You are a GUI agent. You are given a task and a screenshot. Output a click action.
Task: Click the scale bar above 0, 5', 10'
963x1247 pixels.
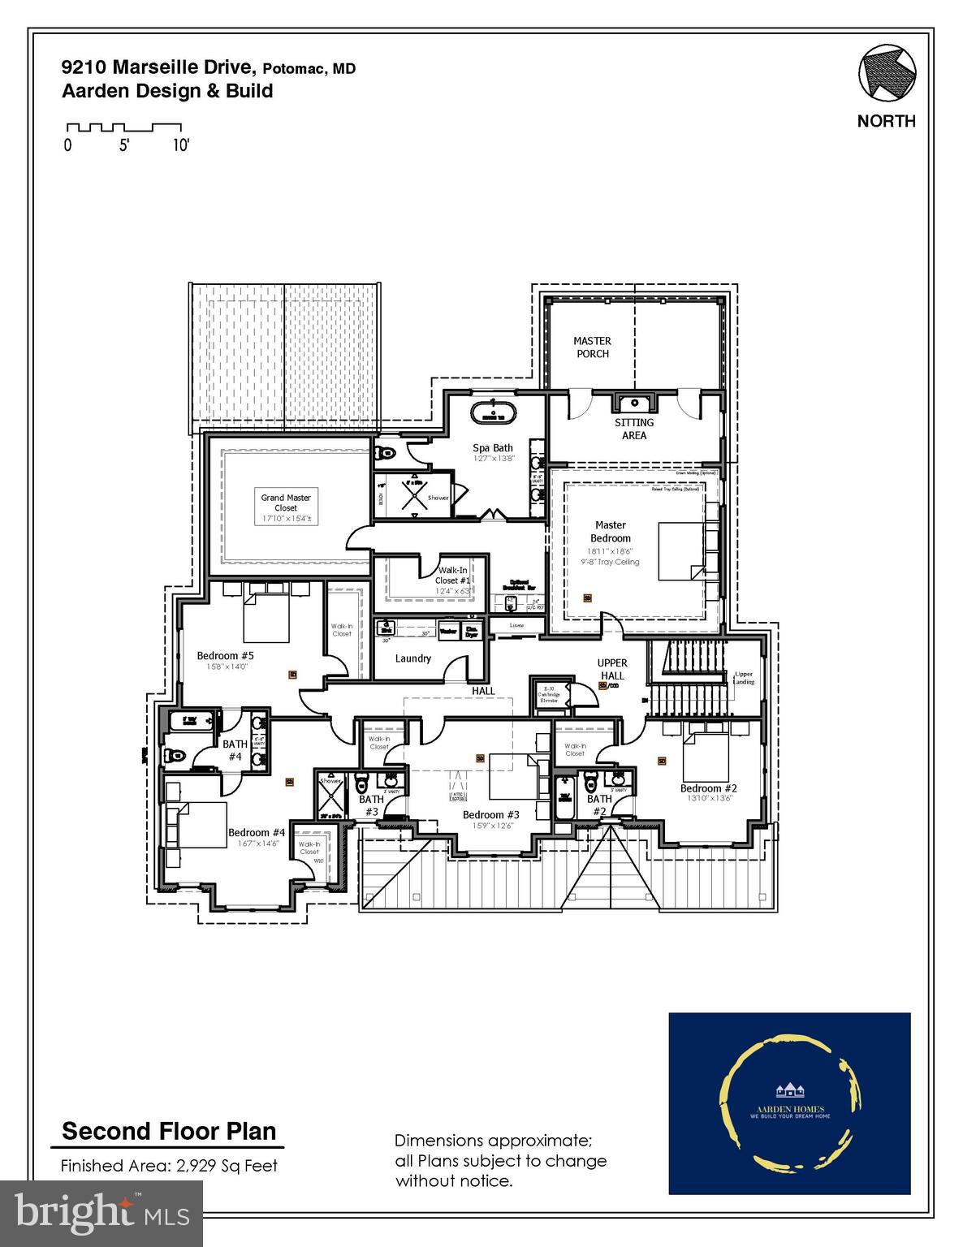[123, 127]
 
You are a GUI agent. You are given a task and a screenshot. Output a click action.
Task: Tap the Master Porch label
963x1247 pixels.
[592, 347]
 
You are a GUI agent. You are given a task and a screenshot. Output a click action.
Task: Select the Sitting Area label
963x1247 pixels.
[634, 429]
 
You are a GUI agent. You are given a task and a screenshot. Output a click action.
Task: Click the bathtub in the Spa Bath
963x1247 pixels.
[493, 412]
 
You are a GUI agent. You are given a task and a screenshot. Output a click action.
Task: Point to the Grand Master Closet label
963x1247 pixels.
[286, 503]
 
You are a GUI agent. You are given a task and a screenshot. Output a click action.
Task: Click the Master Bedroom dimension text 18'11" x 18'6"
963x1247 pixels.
[611, 550]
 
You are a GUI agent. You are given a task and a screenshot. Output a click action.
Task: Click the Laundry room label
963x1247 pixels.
[412, 658]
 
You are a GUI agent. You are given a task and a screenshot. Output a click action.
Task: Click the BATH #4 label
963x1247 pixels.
[235, 750]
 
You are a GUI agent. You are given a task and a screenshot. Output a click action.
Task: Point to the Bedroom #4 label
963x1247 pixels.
[256, 832]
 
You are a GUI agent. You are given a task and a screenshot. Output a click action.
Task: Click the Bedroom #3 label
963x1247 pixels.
[490, 814]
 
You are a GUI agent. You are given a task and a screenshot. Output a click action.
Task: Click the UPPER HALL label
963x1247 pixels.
[611, 669]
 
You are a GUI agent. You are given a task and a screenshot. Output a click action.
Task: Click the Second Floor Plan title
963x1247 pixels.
[169, 1131]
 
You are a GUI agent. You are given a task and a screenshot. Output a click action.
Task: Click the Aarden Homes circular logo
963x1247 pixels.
[789, 1102]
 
